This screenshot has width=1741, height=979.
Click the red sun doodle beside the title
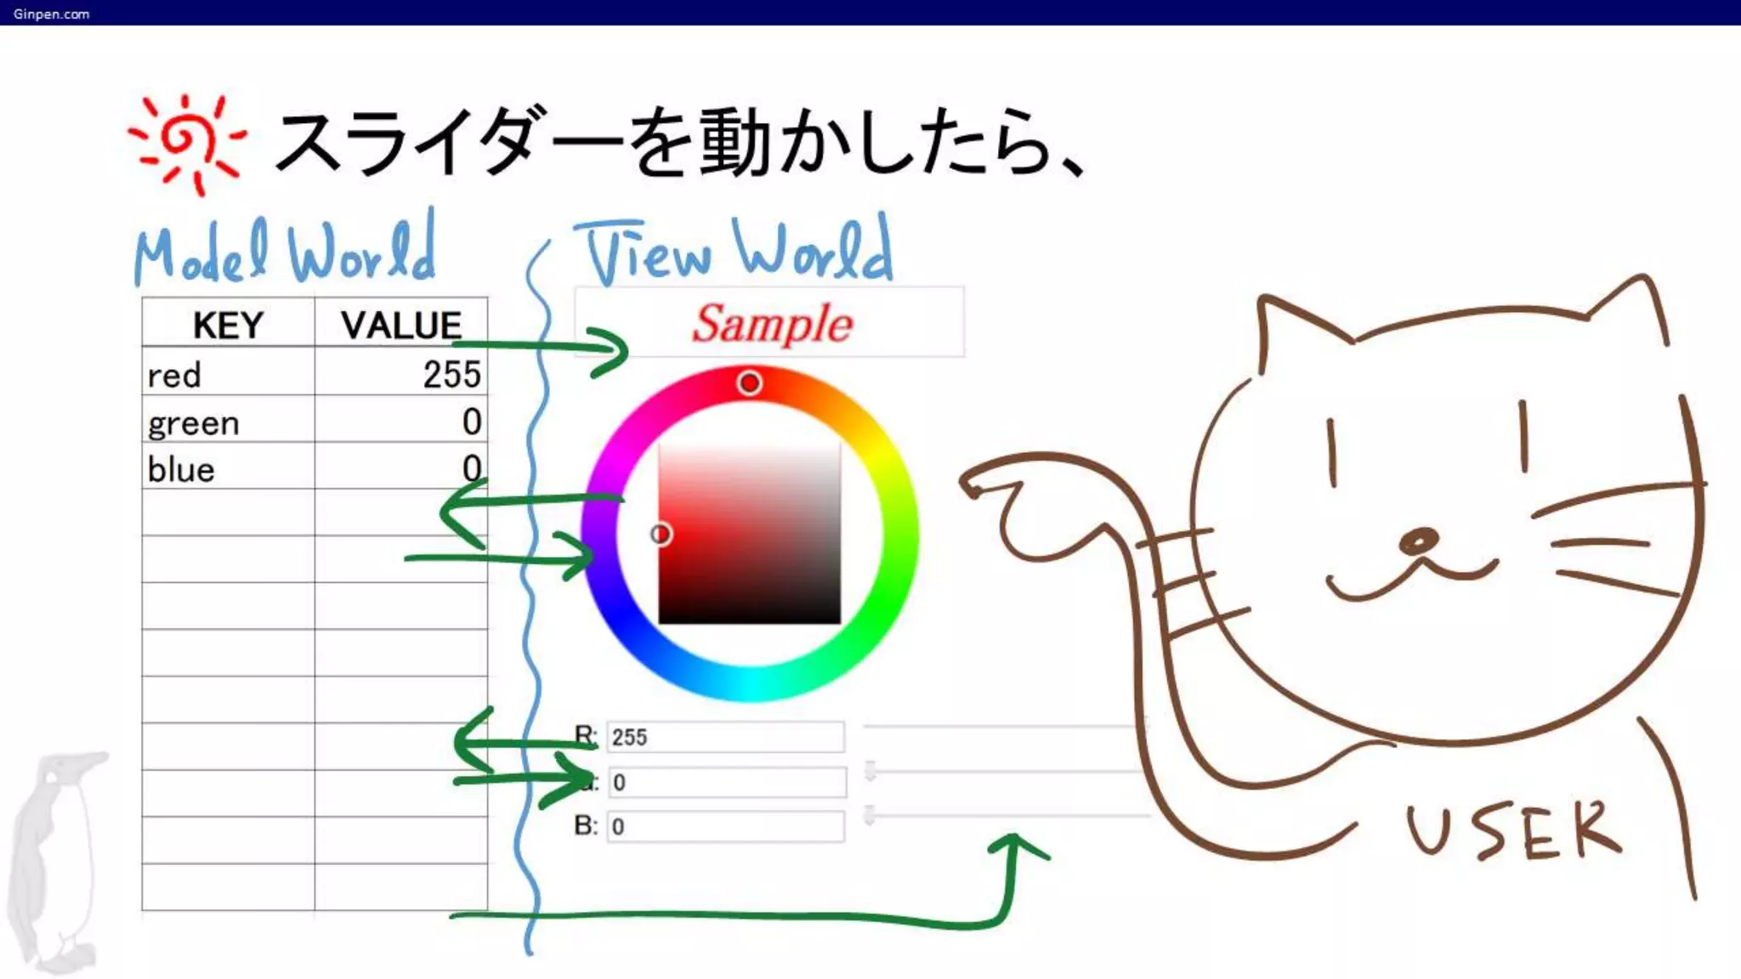185,142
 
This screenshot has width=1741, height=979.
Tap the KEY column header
228,325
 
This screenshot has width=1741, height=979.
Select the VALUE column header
400,325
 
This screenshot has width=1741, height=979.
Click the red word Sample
771,324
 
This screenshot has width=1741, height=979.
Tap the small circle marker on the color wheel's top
749,383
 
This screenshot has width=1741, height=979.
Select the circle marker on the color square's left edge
661,534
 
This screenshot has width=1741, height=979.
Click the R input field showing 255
725,737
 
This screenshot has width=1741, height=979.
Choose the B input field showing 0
725,826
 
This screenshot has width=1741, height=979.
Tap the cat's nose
1417,541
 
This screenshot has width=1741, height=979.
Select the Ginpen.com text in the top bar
51,14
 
